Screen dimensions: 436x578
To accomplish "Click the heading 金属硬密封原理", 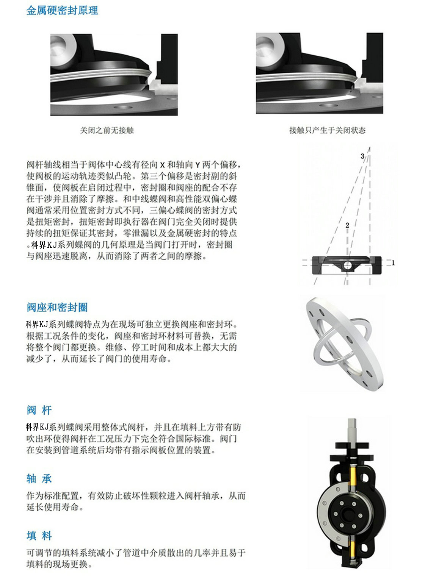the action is pyautogui.click(x=62, y=11).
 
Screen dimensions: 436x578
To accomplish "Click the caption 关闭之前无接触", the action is pyautogui.click(x=107, y=130).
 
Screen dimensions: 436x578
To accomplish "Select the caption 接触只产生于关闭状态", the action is pyautogui.click(x=327, y=130).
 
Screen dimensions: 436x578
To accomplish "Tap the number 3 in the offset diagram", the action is pyautogui.click(x=362, y=156).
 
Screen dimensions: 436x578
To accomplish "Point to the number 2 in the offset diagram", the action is pyautogui.click(x=347, y=225).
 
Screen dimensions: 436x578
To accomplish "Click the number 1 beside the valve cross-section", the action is pyautogui.click(x=393, y=262).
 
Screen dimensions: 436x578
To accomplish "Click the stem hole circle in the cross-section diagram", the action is pyautogui.click(x=347, y=266).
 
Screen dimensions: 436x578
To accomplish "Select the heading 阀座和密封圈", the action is pyautogui.click(x=57, y=307).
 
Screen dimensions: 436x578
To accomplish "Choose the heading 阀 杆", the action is pyautogui.click(x=39, y=410).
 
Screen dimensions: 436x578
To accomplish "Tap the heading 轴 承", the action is pyautogui.click(x=39, y=478).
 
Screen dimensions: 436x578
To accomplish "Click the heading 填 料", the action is pyautogui.click(x=39, y=536).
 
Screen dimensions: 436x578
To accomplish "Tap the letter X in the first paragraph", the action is pyautogui.click(x=162, y=165).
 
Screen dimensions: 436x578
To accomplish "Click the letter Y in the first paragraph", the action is pyautogui.click(x=198, y=165).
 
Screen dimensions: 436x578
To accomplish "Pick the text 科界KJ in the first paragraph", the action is pyautogui.click(x=44, y=245).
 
